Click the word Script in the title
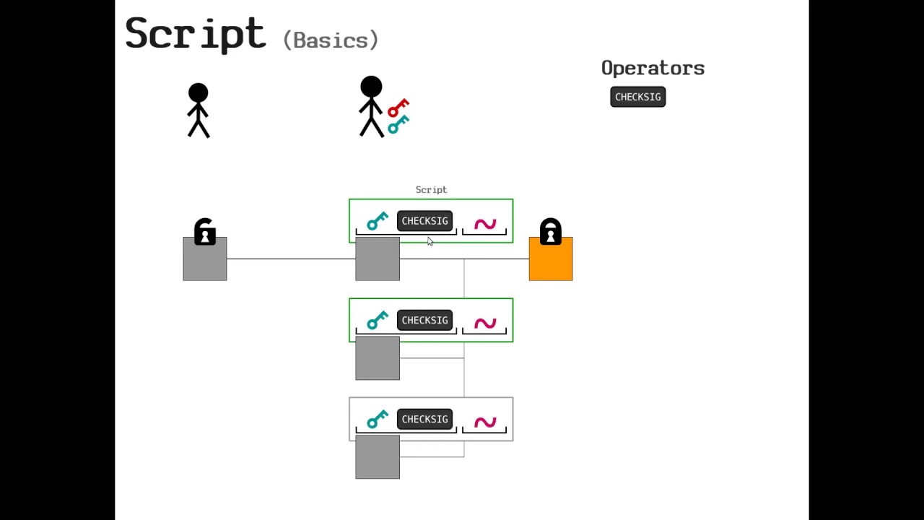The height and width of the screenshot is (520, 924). pos(195,34)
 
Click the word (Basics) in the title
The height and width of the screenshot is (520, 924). pos(331,40)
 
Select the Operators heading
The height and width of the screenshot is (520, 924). pos(653,68)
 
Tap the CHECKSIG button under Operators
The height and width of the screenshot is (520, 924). pos(637,97)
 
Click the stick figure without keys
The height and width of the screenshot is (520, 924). pos(199,110)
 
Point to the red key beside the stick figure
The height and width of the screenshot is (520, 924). pos(398,108)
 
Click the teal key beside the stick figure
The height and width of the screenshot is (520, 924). pos(398,124)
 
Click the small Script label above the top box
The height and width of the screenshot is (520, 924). pos(431,190)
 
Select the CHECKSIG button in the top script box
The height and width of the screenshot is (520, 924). pos(424,221)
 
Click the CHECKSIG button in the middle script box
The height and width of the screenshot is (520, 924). pos(424,320)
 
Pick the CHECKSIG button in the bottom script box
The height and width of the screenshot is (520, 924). pos(424,419)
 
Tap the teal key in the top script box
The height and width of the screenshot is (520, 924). pos(377,221)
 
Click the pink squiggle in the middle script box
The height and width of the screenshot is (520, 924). pos(485,323)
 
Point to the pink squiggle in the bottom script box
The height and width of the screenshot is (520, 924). pos(485,422)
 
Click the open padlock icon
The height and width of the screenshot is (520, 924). pos(205,233)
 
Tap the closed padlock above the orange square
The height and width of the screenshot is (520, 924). pos(551,232)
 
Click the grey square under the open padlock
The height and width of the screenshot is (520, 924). pos(205,259)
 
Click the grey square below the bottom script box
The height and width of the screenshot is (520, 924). pos(378,458)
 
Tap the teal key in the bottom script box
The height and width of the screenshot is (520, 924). pos(377,419)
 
